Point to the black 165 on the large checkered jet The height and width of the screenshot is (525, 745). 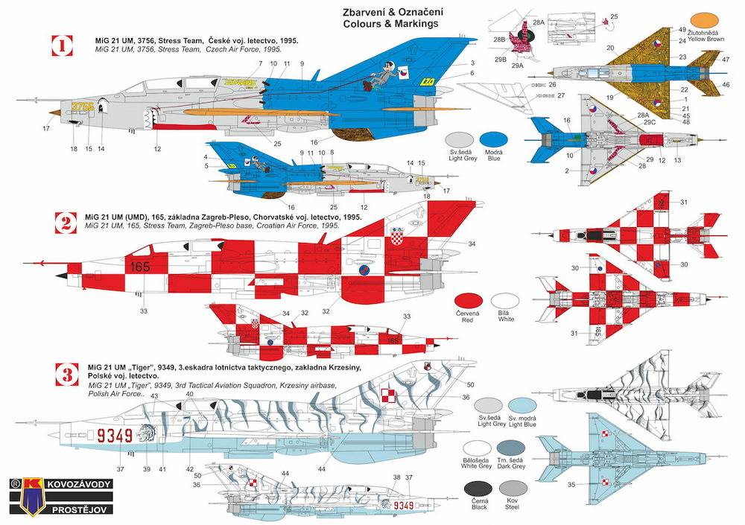point(138,264)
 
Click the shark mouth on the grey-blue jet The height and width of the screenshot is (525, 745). point(157,116)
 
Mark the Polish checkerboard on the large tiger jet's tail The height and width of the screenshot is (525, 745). point(388,394)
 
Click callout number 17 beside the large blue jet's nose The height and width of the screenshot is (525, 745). point(46,129)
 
